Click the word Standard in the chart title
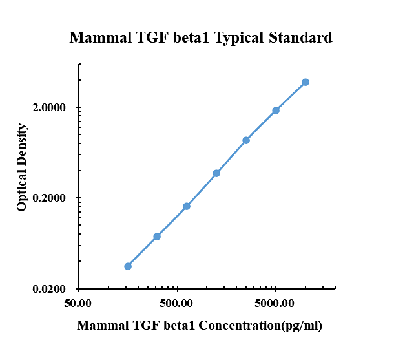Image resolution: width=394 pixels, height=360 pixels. (299, 38)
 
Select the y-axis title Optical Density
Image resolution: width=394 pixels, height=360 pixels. (23, 167)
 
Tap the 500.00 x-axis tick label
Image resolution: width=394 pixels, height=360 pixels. (177, 302)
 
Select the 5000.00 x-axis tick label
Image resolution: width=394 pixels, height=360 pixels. (275, 302)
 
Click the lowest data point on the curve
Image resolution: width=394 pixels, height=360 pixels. (128, 266)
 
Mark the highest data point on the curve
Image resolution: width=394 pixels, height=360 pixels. (306, 82)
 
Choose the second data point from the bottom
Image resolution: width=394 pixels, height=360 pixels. (157, 237)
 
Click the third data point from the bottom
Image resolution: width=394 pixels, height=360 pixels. (187, 206)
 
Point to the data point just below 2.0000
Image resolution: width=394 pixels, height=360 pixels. (276, 111)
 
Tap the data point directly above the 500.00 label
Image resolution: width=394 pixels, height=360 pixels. (187, 206)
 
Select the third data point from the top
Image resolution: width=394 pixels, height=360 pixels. (246, 140)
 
